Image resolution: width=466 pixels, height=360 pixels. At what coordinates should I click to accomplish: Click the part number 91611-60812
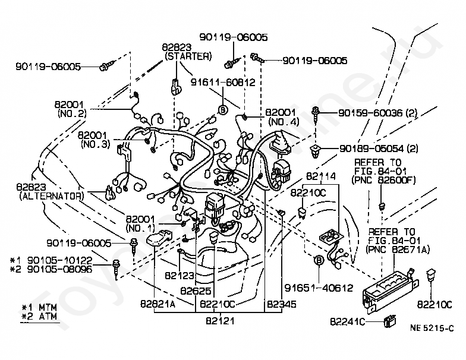click(223, 82)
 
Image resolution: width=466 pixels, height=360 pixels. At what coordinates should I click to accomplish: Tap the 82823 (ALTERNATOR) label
click(50, 191)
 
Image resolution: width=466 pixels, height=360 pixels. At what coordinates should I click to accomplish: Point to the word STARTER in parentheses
click(188, 56)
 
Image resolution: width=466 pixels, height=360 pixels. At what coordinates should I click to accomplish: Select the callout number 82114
click(321, 176)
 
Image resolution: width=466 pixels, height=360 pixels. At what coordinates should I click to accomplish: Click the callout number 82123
click(180, 276)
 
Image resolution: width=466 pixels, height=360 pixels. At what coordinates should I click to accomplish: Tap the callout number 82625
click(196, 290)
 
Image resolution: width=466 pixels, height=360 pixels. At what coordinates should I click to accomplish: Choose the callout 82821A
click(158, 304)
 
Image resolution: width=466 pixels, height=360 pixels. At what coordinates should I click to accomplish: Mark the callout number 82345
click(282, 304)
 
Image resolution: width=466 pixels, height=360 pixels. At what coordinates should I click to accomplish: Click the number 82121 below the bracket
click(220, 321)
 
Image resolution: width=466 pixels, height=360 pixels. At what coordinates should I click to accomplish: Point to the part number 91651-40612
click(319, 288)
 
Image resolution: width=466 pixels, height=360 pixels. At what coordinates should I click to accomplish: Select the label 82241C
click(347, 322)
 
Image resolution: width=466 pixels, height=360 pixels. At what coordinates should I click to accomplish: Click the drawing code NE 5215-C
click(432, 328)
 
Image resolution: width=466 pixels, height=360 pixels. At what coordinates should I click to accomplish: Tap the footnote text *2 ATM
click(39, 316)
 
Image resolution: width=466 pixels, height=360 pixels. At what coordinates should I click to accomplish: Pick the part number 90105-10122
click(60, 260)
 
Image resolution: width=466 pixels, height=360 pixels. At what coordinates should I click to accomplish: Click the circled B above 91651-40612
click(319, 260)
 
